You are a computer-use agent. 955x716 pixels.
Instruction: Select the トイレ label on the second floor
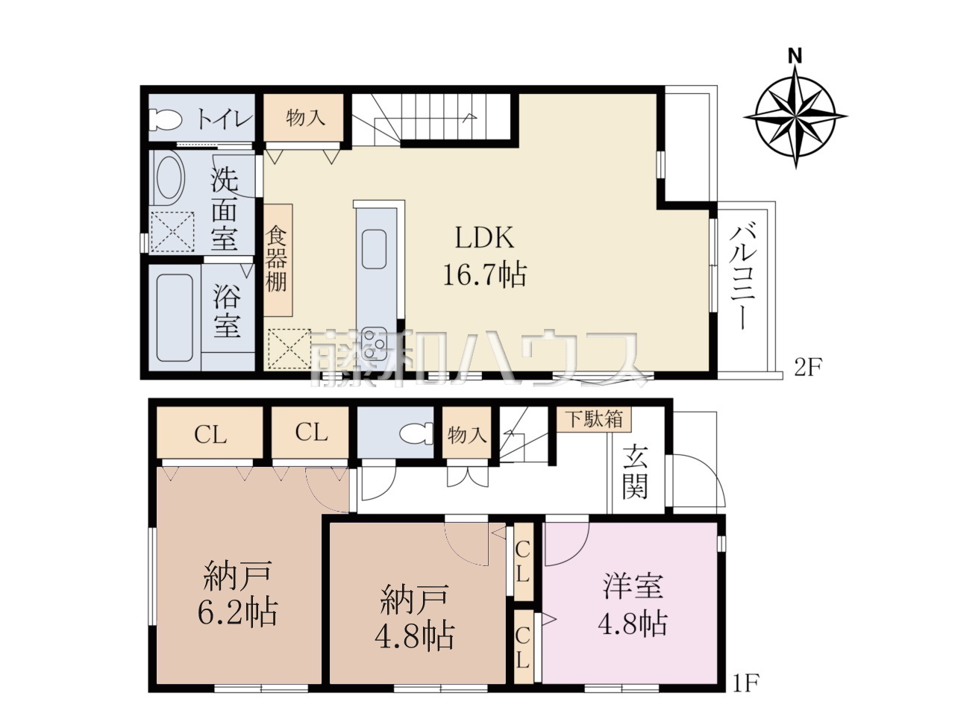[x=225, y=117]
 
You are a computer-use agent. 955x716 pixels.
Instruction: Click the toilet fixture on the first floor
[x=416, y=433]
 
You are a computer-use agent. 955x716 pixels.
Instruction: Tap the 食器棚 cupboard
[x=278, y=260]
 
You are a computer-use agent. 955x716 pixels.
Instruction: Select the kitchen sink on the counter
[x=374, y=248]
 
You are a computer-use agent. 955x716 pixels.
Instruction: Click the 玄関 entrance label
[x=636, y=471]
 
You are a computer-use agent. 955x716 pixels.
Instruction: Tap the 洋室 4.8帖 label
[x=633, y=605]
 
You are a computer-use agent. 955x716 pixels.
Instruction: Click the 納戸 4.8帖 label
[x=415, y=617]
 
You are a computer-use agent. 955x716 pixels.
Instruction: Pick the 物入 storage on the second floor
[x=304, y=117]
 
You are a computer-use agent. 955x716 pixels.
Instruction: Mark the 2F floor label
[x=807, y=368]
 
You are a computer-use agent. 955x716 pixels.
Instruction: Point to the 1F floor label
[x=746, y=694]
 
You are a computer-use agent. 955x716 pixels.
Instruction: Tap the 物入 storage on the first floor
[x=467, y=433]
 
